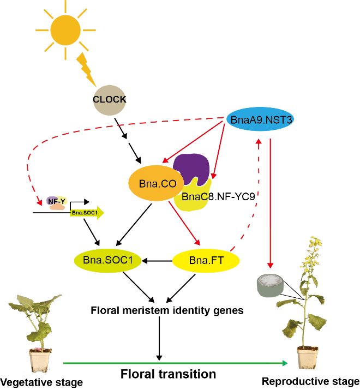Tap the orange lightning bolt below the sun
pyautogui.click(x=88, y=70)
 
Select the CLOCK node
pyautogui.click(x=109, y=100)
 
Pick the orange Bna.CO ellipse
pyautogui.click(x=154, y=184)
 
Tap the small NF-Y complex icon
pyautogui.click(x=56, y=203)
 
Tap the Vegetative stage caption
pyautogui.click(x=41, y=382)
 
